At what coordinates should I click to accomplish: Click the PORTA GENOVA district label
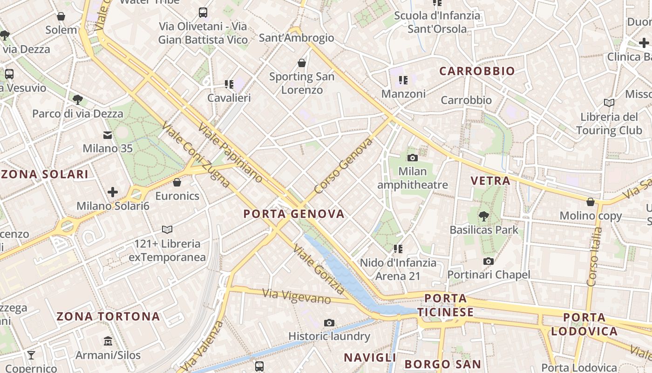click(294, 214)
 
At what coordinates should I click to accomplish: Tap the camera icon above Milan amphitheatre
click(412, 158)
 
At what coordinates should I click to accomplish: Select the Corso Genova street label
click(343, 166)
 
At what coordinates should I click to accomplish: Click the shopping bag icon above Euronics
click(177, 182)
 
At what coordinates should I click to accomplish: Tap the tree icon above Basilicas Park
click(484, 216)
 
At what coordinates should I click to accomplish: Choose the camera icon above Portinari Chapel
click(488, 261)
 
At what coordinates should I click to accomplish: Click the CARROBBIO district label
click(477, 71)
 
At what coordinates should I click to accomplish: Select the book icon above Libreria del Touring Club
click(609, 103)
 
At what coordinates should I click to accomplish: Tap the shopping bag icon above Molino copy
click(590, 202)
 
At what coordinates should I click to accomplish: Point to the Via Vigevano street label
click(296, 297)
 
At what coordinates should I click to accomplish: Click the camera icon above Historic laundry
click(329, 323)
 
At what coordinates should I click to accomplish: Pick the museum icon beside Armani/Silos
click(108, 341)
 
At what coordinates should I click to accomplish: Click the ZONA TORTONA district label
click(108, 317)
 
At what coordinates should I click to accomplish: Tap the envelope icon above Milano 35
click(108, 135)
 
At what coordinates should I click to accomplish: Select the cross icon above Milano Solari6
click(113, 192)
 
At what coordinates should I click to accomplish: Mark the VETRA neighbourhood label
click(490, 181)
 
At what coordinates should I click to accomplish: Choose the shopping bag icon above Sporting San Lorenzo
click(302, 63)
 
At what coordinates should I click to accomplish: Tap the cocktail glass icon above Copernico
click(31, 355)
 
